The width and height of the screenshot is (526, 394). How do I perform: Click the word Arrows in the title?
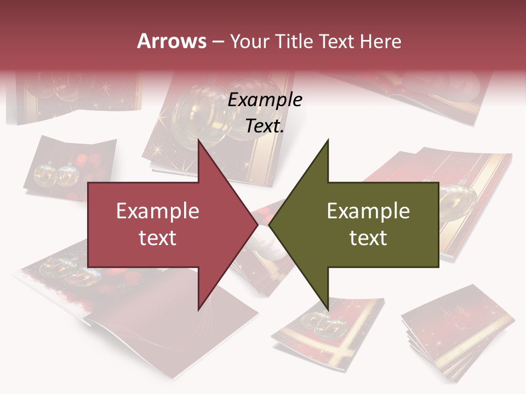[172, 41]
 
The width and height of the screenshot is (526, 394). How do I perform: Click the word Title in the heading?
[294, 41]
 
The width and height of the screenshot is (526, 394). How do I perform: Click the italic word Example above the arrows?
[265, 100]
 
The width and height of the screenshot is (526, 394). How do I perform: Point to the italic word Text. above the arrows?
[265, 126]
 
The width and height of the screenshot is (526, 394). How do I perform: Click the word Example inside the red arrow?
[157, 211]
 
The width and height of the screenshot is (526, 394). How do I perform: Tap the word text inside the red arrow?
[157, 237]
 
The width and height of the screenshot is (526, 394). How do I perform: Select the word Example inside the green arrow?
[368, 211]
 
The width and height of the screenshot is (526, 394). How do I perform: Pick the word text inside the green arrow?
[368, 237]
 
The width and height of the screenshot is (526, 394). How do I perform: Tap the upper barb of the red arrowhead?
[200, 143]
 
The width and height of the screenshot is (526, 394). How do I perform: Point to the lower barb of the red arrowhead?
[200, 306]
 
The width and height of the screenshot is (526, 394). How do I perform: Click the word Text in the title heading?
[338, 41]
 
